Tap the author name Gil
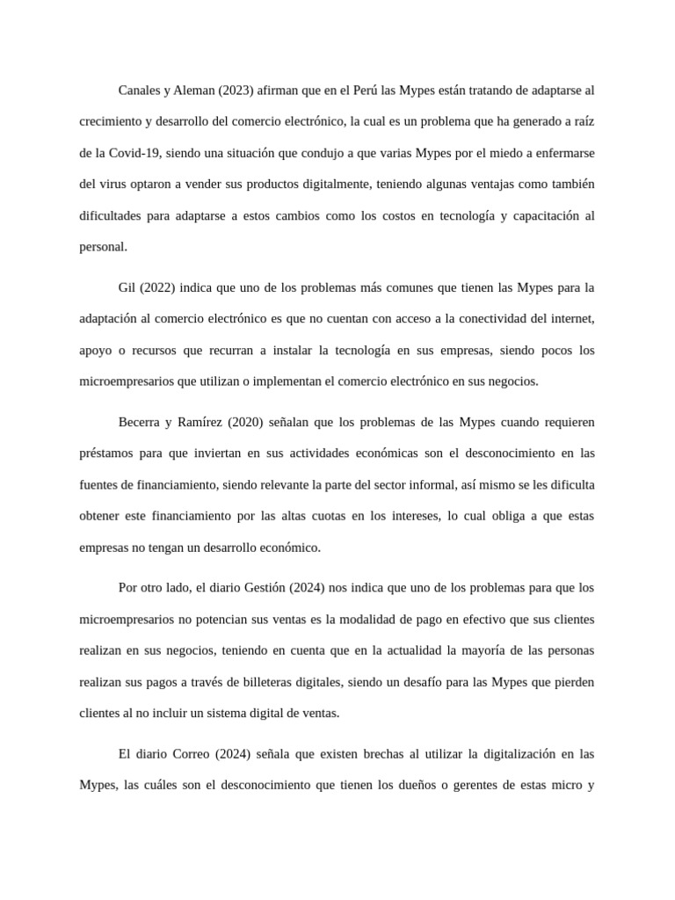[128, 287]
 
